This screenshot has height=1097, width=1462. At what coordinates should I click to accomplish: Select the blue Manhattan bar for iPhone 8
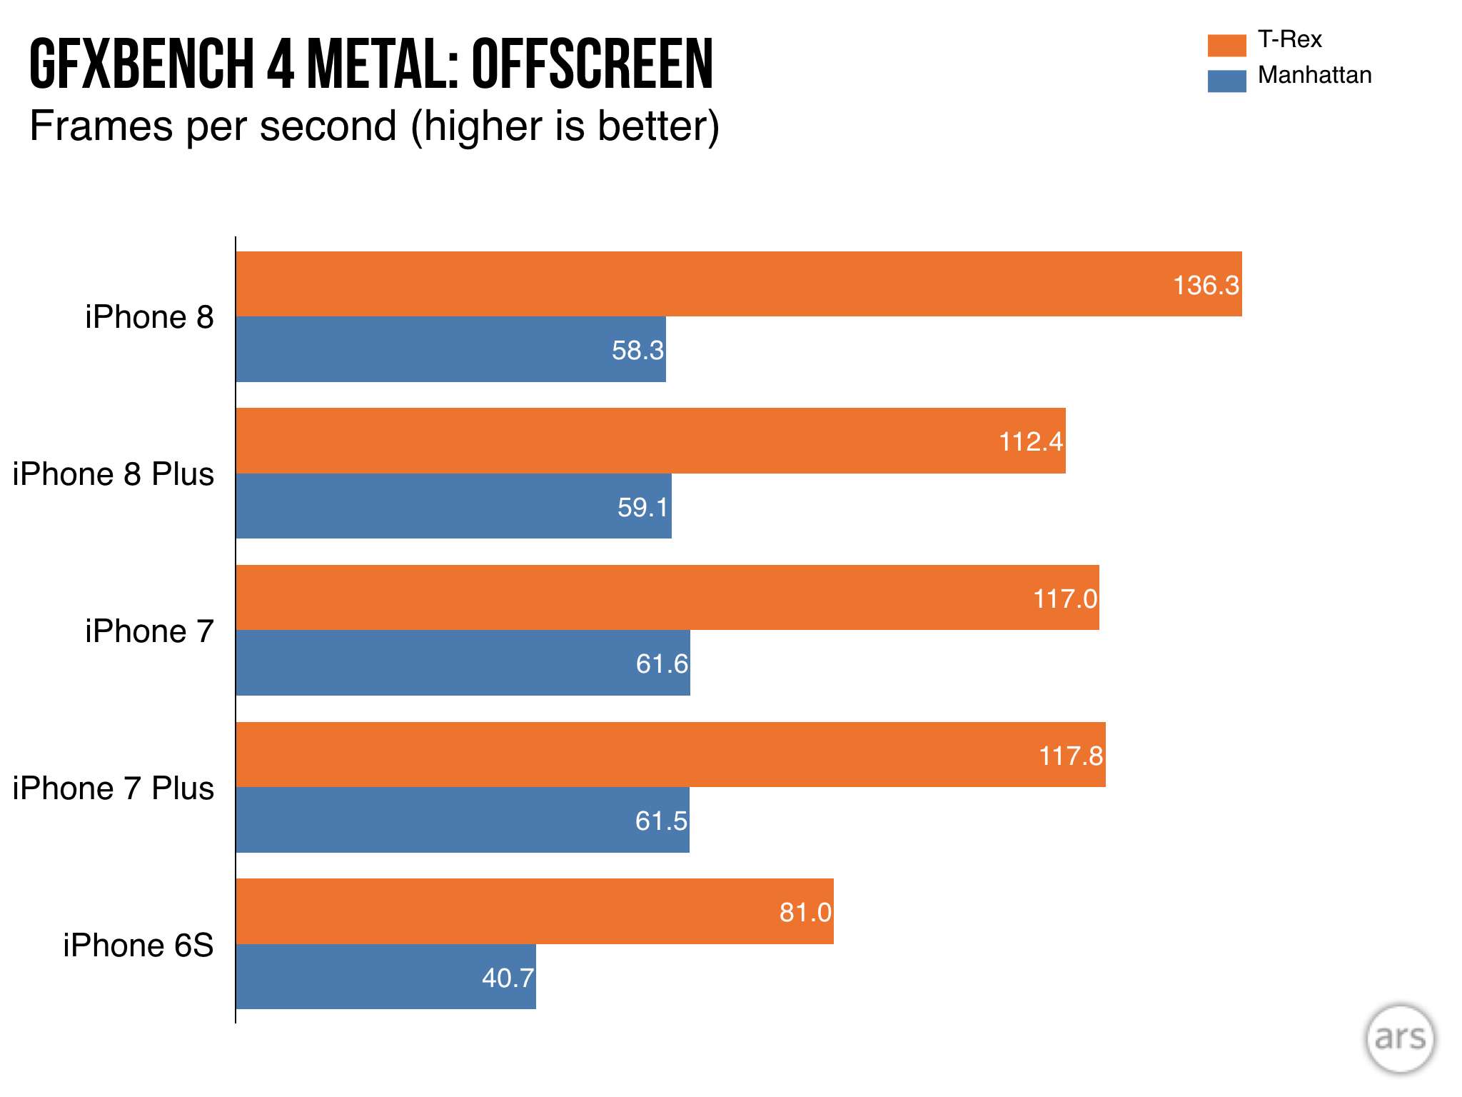click(450, 349)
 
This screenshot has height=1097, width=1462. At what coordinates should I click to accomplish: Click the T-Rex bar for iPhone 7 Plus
click(670, 755)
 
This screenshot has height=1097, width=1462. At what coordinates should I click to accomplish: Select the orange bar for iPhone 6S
click(535, 911)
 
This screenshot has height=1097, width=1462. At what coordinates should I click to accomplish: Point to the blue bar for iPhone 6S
click(385, 977)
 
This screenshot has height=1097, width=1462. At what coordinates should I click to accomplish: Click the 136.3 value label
click(1206, 285)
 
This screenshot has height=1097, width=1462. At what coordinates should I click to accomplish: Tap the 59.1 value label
click(642, 507)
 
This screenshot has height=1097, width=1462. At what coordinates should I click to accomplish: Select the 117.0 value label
click(1065, 598)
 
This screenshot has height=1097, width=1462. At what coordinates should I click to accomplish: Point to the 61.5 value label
click(661, 821)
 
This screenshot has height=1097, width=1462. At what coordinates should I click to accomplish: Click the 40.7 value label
click(508, 978)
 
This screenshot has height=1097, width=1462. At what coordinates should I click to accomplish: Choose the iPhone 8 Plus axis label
click(114, 474)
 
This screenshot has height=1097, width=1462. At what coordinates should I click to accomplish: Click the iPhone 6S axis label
click(138, 945)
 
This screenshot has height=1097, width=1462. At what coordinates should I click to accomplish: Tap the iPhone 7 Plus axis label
click(114, 788)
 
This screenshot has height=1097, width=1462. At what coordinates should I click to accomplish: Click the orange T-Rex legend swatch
click(1226, 45)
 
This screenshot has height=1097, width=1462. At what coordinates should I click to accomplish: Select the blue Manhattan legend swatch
click(1226, 81)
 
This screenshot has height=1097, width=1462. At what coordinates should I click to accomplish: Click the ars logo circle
click(1400, 1038)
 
